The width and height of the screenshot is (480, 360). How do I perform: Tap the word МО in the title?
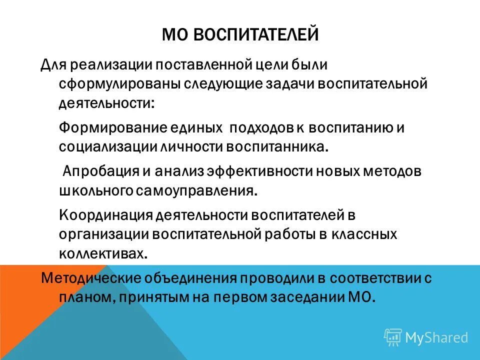(x=174, y=36)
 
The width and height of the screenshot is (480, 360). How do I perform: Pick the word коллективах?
(x=103, y=252)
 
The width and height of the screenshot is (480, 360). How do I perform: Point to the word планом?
(x=87, y=297)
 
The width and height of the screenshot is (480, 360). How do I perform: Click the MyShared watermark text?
(x=436, y=337)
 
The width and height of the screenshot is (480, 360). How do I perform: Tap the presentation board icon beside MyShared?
(x=393, y=337)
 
